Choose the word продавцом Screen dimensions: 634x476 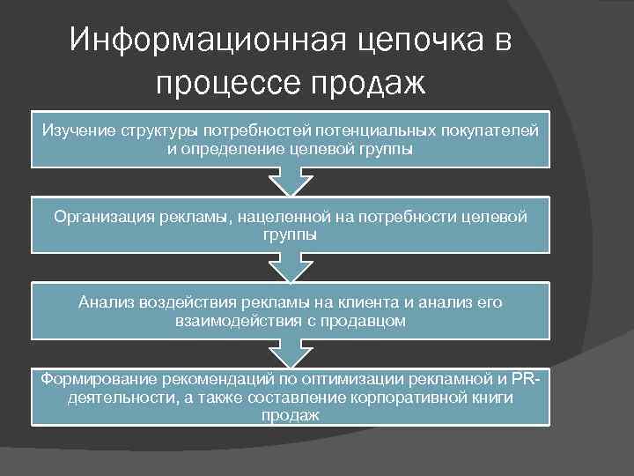point(362,321)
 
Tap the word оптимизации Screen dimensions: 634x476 point(358,379)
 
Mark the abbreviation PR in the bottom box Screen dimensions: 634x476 point(522,379)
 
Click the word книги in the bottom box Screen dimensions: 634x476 point(494,398)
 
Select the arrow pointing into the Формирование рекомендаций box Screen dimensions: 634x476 point(290,353)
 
